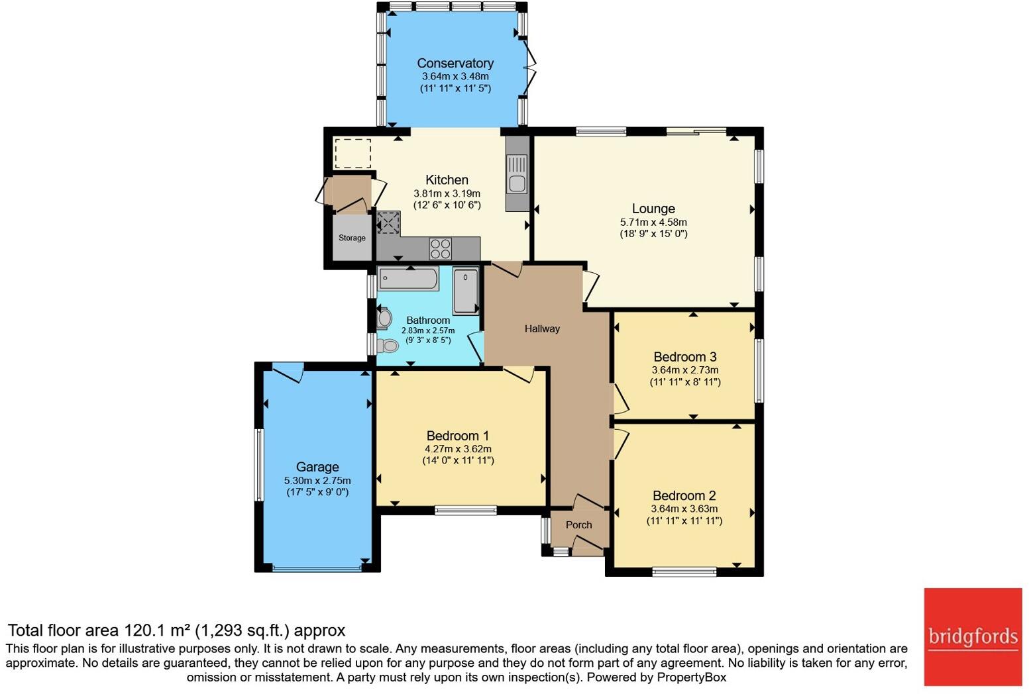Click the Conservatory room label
pos(455,64)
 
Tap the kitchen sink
pos(517,174)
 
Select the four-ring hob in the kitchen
pos(441,249)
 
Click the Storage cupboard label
pos(352,238)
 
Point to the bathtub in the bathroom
pos(407,279)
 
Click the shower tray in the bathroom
pos(466,291)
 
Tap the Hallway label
pos(542,328)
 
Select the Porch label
pos(578,525)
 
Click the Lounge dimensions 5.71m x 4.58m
pos(653,223)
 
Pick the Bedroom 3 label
pos(684,357)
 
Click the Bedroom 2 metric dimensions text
pos(684,509)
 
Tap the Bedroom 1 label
pos(457,436)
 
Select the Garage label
pos(317,467)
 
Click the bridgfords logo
pos(973,636)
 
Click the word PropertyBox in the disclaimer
pos(691,677)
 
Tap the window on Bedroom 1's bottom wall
pos(466,510)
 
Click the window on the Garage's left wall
pos(260,464)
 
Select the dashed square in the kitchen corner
pos(352,154)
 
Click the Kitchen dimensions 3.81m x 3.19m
pos(447,193)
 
